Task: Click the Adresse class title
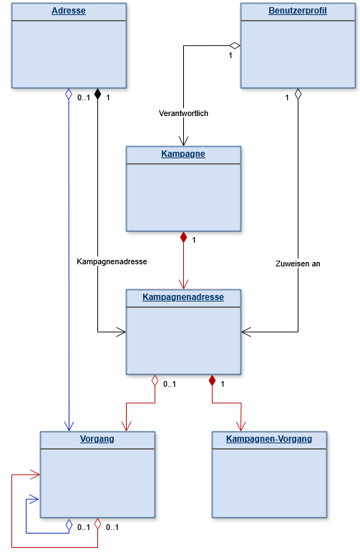click(x=69, y=11)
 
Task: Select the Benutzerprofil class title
click(x=298, y=11)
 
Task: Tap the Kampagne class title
click(x=183, y=154)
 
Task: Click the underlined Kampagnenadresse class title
click(x=183, y=297)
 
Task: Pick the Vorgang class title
click(x=97, y=439)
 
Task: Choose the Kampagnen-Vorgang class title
click(x=269, y=439)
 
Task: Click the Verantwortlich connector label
click(x=183, y=113)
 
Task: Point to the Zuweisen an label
click(x=298, y=264)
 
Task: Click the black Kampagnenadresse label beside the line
click(x=112, y=261)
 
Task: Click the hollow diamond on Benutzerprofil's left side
click(x=235, y=45)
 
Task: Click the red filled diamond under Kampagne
click(x=183, y=237)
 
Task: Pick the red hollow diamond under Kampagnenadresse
click(x=155, y=380)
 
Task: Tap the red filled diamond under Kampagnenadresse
click(x=213, y=380)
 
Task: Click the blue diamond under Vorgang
click(x=69, y=524)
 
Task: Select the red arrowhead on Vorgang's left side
click(x=35, y=475)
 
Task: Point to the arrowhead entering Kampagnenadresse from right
click(x=246, y=332)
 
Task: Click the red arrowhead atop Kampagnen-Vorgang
click(x=240, y=426)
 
